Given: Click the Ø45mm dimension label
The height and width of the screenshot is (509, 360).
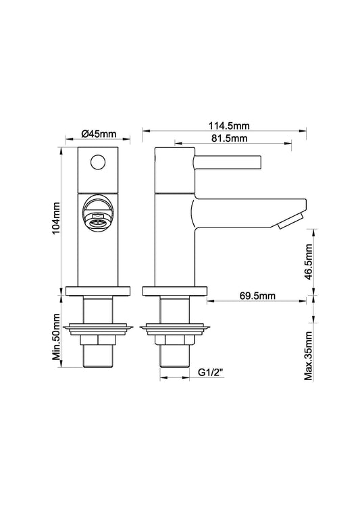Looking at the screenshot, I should click(x=97, y=134).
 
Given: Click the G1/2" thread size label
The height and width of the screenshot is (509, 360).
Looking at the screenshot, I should click(x=211, y=373).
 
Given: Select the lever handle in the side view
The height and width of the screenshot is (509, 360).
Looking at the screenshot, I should click(x=227, y=162).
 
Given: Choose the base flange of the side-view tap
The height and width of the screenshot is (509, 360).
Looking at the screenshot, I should click(x=174, y=292).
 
